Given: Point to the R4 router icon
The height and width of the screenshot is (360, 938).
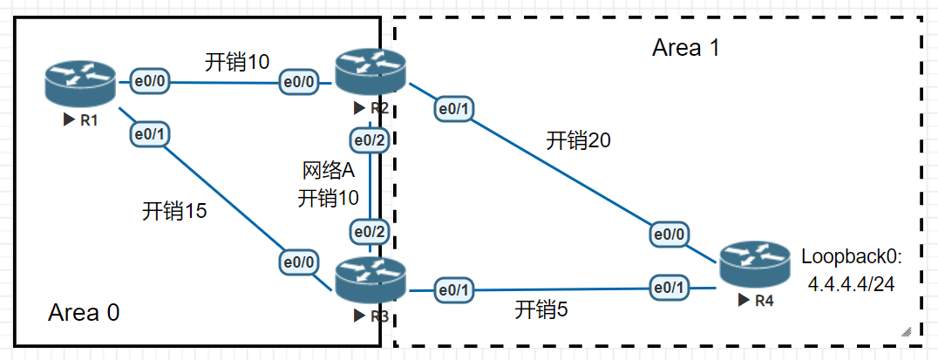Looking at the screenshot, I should click(755, 267).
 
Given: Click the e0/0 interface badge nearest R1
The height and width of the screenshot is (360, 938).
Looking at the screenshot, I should click(150, 82).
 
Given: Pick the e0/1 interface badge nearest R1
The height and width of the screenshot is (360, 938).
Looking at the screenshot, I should click(149, 134).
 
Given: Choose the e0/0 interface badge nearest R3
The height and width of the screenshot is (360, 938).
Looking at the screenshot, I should click(299, 261).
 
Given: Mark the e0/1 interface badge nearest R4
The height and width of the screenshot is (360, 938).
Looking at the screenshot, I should click(669, 287).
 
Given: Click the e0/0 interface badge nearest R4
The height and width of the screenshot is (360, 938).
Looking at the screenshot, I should click(670, 234).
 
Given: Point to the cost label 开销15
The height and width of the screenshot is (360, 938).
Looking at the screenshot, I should click(174, 211).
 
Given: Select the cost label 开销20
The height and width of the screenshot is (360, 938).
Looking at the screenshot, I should click(579, 140).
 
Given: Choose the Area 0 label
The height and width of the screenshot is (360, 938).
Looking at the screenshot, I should click(84, 312).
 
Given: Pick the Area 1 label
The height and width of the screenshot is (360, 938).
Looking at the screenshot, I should click(686, 48).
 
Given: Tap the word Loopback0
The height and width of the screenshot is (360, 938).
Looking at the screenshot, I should click(853, 256).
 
